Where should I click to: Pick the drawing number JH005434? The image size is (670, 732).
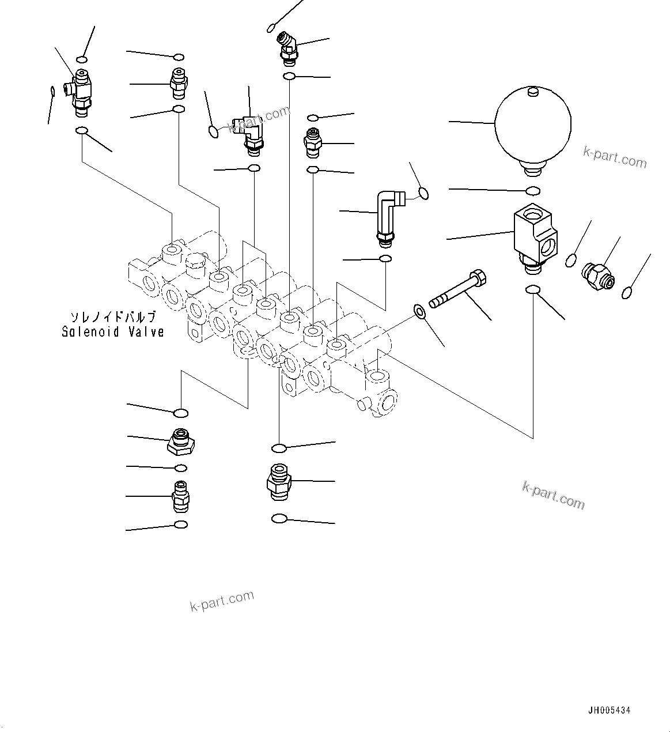(x=609, y=711)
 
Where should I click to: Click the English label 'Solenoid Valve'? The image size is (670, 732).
(x=113, y=332)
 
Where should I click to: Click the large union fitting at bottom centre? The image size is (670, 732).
(x=278, y=480)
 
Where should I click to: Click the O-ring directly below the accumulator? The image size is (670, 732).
(x=533, y=191)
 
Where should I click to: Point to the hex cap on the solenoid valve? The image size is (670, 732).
(x=196, y=263)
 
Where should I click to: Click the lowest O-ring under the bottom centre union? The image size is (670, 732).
(x=279, y=519)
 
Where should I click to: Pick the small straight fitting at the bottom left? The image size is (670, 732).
(x=181, y=495)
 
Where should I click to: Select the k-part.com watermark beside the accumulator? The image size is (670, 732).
(x=615, y=156)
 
